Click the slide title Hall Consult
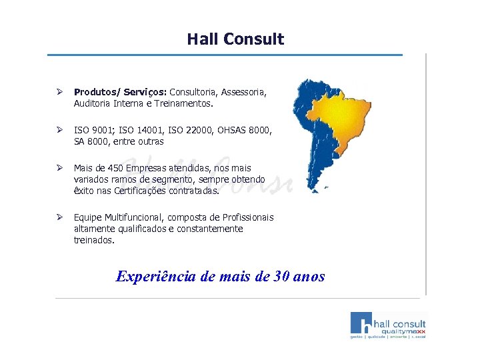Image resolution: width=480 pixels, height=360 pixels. pos(235,39)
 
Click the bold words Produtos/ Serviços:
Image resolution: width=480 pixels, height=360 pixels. pos(121,92)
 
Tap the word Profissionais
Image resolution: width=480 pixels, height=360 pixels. pos(245,217)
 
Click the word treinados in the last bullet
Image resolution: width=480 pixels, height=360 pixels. pos(94,240)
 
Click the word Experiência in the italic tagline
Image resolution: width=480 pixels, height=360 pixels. pos(155,276)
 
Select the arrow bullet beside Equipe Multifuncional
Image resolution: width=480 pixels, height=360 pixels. pos(59,217)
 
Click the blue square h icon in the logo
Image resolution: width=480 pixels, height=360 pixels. pos(363,323)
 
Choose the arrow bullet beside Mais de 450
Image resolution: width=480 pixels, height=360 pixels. pos(59,168)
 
